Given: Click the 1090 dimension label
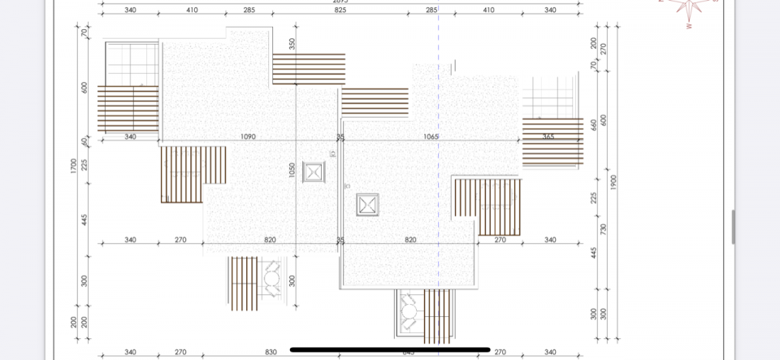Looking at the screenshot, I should [248, 137].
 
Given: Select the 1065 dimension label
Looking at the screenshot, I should [431, 137].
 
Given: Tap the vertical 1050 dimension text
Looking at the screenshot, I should [292, 171].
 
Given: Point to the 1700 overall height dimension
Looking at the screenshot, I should [73, 166].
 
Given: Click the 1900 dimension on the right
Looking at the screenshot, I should [613, 182].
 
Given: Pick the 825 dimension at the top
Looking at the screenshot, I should [340, 11].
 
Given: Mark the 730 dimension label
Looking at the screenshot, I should [602, 230].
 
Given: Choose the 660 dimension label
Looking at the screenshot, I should [593, 124].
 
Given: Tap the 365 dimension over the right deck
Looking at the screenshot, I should [548, 137].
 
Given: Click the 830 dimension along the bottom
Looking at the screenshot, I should [270, 352].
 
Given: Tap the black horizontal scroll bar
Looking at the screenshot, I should [390, 349].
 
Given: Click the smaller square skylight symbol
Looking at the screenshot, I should [314, 172].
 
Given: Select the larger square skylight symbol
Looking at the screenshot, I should [368, 204].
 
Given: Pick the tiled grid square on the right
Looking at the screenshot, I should [549, 98].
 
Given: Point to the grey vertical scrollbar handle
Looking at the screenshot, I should [733, 227].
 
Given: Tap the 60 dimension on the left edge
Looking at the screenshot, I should [84, 141].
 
